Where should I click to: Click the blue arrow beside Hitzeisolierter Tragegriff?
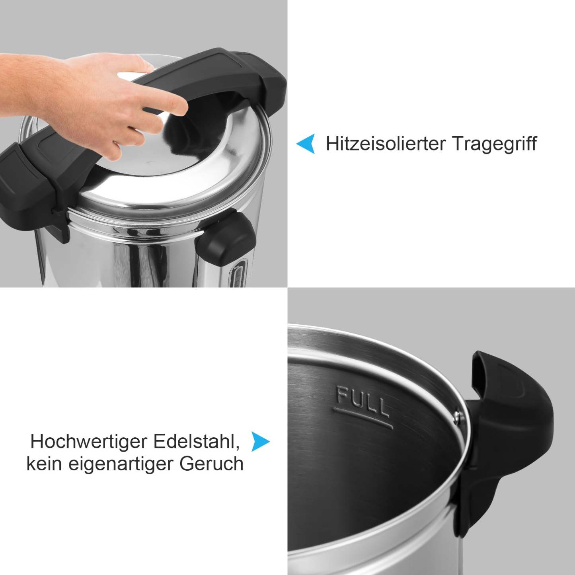pyautogui.click(x=306, y=144)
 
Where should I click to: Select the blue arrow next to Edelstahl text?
pyautogui.click(x=260, y=442)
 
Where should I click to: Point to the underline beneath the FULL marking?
pyautogui.click(x=363, y=419)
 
